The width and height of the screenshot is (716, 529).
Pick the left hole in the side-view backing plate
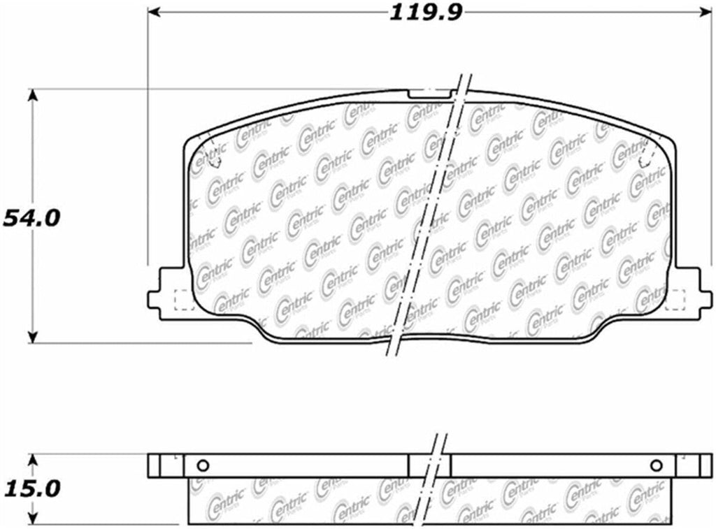click(203, 466)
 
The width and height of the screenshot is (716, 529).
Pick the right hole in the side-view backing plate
click(656, 466)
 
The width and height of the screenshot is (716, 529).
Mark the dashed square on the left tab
click(182, 300)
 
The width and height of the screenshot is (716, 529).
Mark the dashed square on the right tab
click(675, 300)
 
